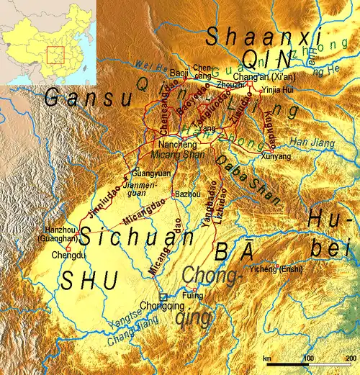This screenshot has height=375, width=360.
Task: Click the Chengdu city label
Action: click(53, 254)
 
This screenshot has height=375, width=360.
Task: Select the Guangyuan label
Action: click(148, 173)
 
